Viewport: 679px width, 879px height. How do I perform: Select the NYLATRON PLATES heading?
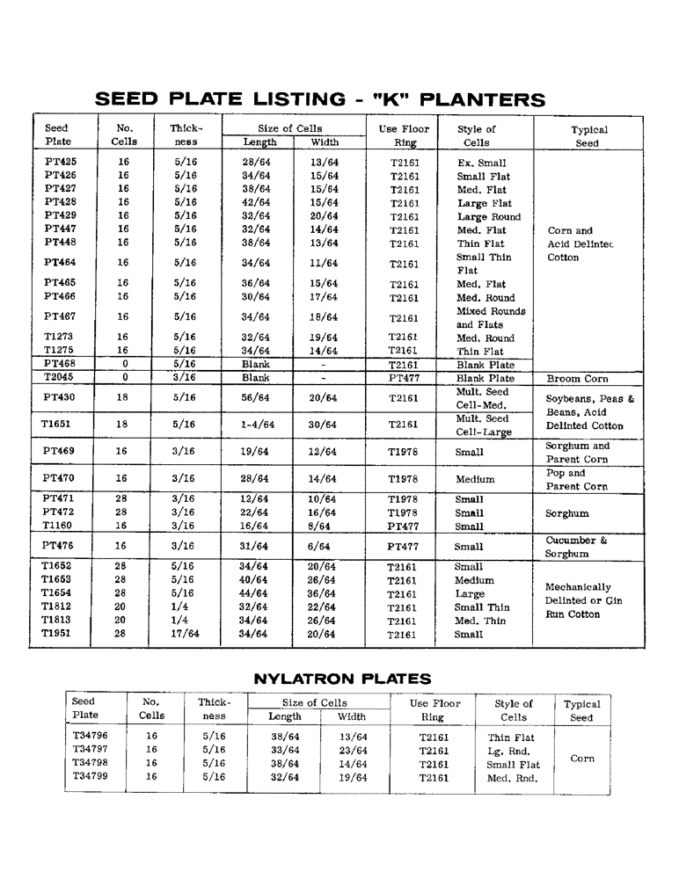click(x=342, y=679)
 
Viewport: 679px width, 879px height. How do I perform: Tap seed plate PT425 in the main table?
click(x=60, y=163)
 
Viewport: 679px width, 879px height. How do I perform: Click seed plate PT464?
click(x=60, y=263)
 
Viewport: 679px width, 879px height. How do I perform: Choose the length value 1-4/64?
click(x=259, y=425)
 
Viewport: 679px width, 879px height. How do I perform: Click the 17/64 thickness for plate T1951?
click(x=186, y=634)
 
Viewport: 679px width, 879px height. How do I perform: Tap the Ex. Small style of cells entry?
click(x=482, y=163)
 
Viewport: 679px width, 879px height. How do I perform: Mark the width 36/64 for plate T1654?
click(x=325, y=593)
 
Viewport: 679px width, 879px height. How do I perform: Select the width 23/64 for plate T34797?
click(x=353, y=751)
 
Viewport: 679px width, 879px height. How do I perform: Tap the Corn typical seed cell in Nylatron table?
click(x=582, y=758)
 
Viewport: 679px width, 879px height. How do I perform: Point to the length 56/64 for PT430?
click(x=259, y=398)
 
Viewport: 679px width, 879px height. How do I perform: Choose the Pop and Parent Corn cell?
click(x=577, y=480)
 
